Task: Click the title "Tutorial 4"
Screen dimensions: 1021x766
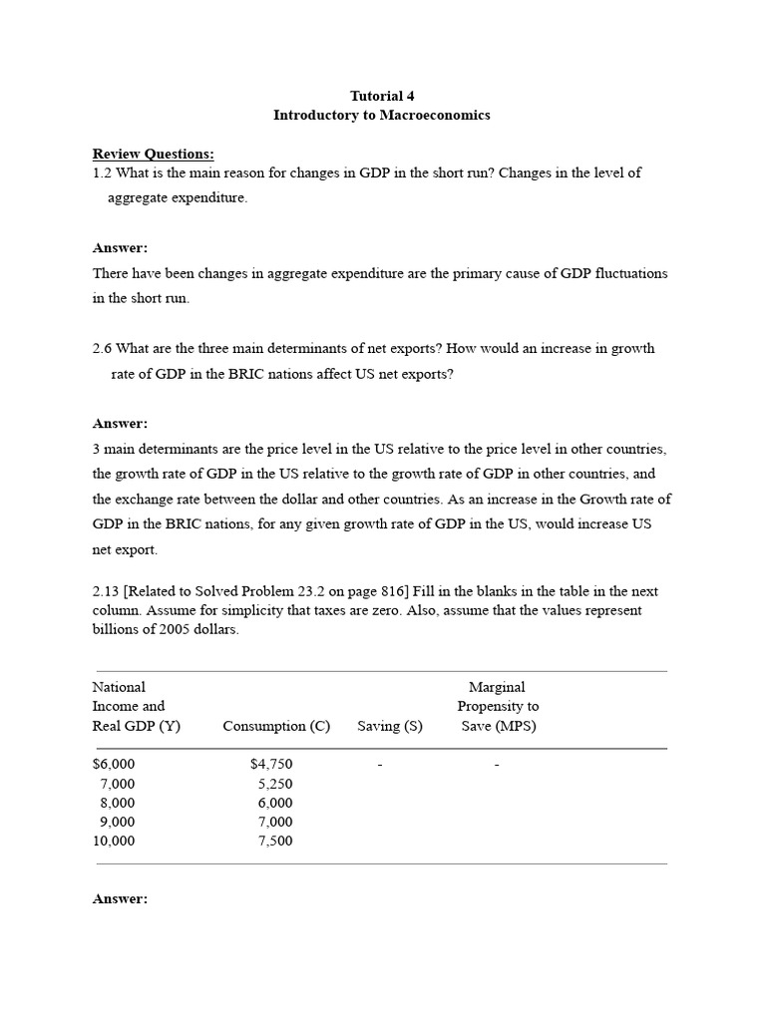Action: [x=382, y=96]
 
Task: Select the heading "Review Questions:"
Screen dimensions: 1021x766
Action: [x=154, y=154]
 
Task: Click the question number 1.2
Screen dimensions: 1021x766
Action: [x=102, y=172]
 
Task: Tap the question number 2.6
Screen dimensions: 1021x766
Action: [x=102, y=349]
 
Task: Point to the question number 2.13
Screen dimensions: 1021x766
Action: [x=106, y=591]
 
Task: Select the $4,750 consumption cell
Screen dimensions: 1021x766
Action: [x=271, y=764]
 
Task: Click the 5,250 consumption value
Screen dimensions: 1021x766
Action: [x=275, y=784]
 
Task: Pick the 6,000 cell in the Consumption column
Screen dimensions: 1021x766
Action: [x=275, y=803]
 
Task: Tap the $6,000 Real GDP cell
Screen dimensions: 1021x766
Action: [x=114, y=764]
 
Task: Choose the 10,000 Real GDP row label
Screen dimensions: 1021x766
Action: [x=114, y=841]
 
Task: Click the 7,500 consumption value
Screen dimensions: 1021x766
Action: [x=275, y=841]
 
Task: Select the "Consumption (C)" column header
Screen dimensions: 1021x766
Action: [x=276, y=726]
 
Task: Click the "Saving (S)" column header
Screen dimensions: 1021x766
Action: [x=390, y=726]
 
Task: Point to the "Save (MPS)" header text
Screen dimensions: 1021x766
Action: [x=499, y=726]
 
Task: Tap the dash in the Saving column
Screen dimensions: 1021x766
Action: [x=381, y=765]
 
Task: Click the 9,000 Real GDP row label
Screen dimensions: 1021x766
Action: [x=117, y=822]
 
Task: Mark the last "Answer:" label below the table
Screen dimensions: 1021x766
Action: [x=120, y=899]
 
